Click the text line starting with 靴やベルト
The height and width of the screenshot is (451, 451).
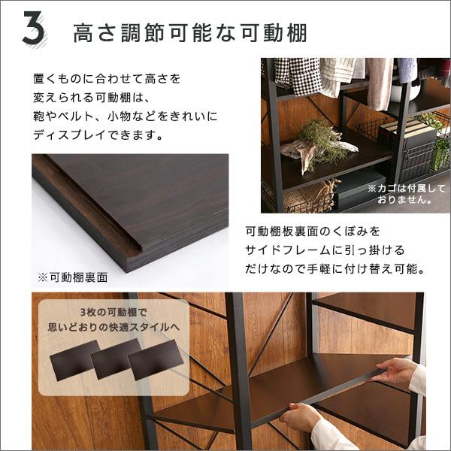124,116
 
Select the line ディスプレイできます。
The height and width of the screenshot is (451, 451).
98,136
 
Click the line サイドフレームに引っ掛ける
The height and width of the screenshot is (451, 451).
324,248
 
